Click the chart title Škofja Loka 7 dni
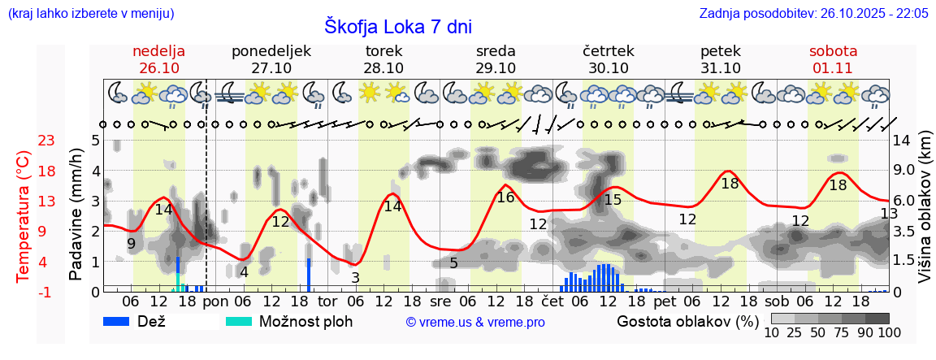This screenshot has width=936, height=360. coord(397,26)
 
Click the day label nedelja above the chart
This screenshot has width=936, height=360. coord(159,51)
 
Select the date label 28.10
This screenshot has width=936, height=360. coord(383,68)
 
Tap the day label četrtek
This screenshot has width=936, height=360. coord(609,51)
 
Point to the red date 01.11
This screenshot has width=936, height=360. coord(833,68)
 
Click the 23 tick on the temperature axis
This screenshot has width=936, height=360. coord(46,141)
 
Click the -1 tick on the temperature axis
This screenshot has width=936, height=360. coord(46,292)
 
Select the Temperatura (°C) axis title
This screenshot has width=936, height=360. coord(24,216)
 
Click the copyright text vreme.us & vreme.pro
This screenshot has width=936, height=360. coord(475,322)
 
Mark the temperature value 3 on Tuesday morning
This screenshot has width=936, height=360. coord(355,277)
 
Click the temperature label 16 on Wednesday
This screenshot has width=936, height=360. coord(505,197)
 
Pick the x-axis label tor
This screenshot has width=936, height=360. coord(327,300)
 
